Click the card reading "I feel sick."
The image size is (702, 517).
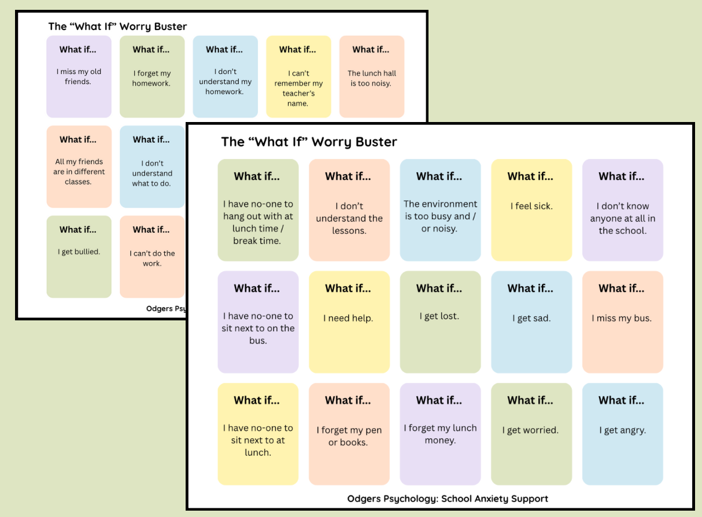pyautogui.click(x=531, y=210)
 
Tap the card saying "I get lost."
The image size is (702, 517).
pyautogui.click(x=440, y=322)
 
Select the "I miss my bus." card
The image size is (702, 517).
pyautogui.click(x=622, y=322)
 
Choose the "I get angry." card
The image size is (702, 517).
pyautogui.click(x=622, y=434)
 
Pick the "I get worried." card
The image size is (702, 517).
pyautogui.click(x=531, y=434)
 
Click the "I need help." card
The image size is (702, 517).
pyautogui.click(x=349, y=322)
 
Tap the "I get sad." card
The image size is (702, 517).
pyautogui.click(x=531, y=322)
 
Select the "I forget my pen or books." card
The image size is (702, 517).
pyautogui.click(x=349, y=434)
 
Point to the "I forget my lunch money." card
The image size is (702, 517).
pyautogui.click(x=440, y=434)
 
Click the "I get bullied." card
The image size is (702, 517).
pyautogui.click(x=79, y=257)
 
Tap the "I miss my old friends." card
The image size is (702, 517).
pyautogui.click(x=79, y=77)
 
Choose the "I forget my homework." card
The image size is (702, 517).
pyautogui.click(x=152, y=77)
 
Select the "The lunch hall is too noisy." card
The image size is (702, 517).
pyautogui.click(x=371, y=77)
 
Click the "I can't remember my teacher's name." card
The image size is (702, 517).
pyautogui.click(x=298, y=77)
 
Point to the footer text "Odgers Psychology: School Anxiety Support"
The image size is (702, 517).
pyautogui.click(x=448, y=498)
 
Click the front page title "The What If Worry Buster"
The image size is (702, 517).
pyautogui.click(x=309, y=142)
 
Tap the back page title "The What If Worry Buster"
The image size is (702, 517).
pyautogui.click(x=117, y=27)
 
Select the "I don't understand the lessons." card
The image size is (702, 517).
pyautogui.click(x=349, y=210)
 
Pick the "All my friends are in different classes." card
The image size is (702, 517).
pyautogui.click(x=79, y=167)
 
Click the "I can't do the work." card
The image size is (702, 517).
pyautogui.click(x=152, y=257)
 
